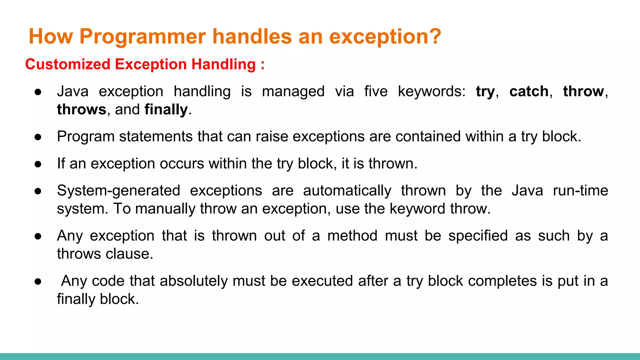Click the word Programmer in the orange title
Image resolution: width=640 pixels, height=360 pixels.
[x=142, y=37]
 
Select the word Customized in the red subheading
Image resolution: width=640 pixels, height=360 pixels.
[x=68, y=64]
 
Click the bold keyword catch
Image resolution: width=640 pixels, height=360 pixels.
[x=529, y=92]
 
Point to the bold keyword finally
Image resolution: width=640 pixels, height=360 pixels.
[x=166, y=110]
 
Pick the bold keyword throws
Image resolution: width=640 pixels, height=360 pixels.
[x=82, y=110]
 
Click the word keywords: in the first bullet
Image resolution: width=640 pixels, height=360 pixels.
[x=432, y=92]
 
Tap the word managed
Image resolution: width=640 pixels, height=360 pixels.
[x=293, y=92]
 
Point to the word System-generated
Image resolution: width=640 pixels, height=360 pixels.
[x=118, y=191]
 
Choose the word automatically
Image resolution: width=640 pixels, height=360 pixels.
[x=347, y=191]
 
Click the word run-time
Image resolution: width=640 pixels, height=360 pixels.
[x=580, y=191]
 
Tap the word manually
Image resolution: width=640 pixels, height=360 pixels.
[x=165, y=209]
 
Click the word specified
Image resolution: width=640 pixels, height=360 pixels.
[x=478, y=236]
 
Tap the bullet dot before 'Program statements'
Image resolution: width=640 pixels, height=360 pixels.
[x=38, y=137]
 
